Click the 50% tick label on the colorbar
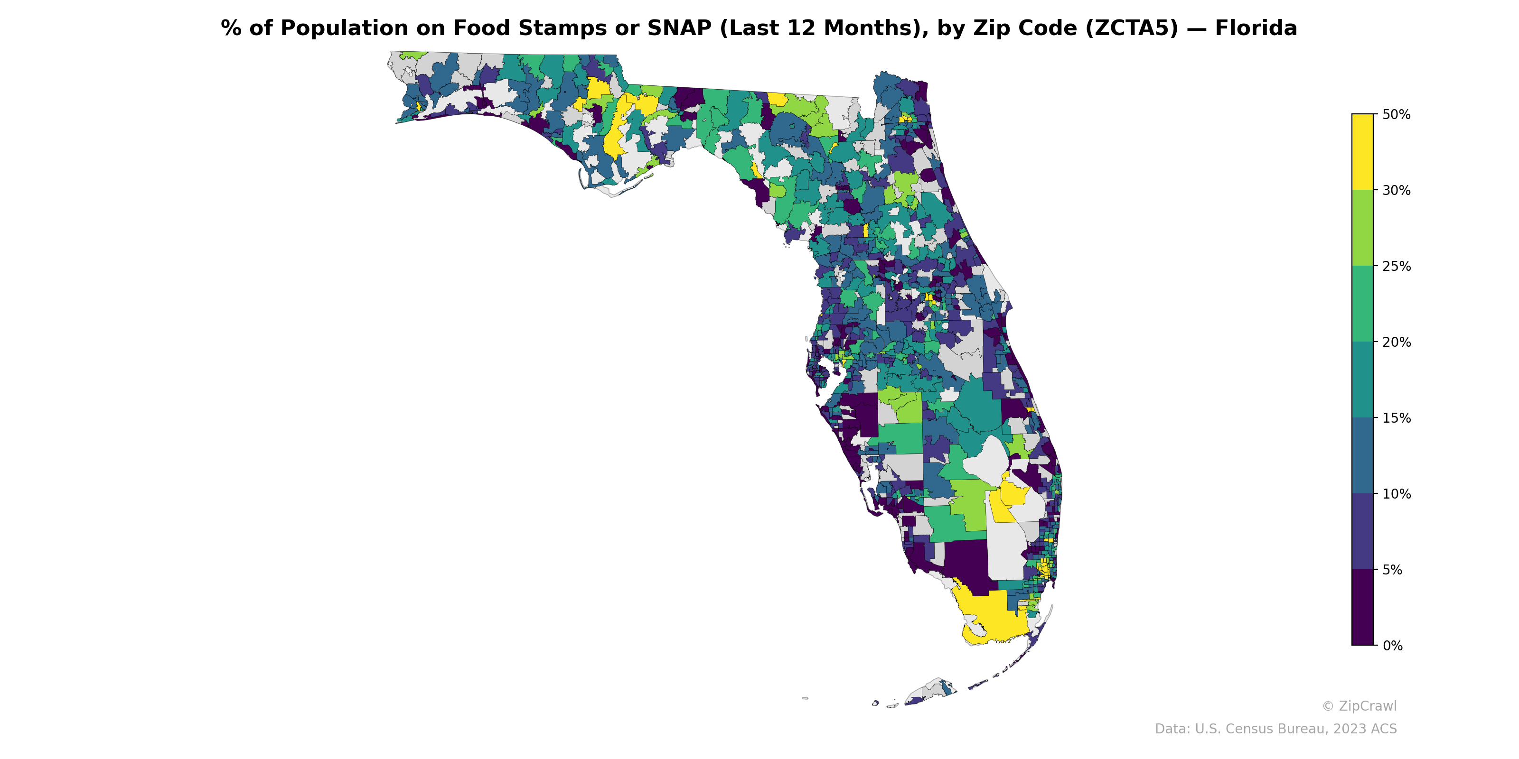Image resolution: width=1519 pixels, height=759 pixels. (1396, 114)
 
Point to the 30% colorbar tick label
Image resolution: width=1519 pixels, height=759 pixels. (1396, 190)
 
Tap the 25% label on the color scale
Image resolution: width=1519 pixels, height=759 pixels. (1396, 266)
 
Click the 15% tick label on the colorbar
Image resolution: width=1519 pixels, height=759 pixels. (1396, 418)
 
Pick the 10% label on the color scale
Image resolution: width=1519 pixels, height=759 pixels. (1396, 494)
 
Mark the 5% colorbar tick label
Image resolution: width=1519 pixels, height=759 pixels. (1392, 570)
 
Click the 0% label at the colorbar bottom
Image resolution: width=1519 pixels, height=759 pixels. (1392, 646)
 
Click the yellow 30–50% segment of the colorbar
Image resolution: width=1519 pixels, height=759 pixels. (1362, 152)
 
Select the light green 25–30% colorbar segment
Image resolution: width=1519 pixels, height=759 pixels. (1362, 228)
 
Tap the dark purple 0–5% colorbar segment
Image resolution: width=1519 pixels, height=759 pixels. (1362, 608)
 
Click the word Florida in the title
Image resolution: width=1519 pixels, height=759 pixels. (1256, 28)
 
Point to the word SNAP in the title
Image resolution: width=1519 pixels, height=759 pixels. (679, 28)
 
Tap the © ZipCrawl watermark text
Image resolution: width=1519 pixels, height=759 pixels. (1359, 706)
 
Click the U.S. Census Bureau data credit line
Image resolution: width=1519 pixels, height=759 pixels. (1275, 729)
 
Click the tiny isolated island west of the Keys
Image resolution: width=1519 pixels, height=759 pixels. (805, 698)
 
